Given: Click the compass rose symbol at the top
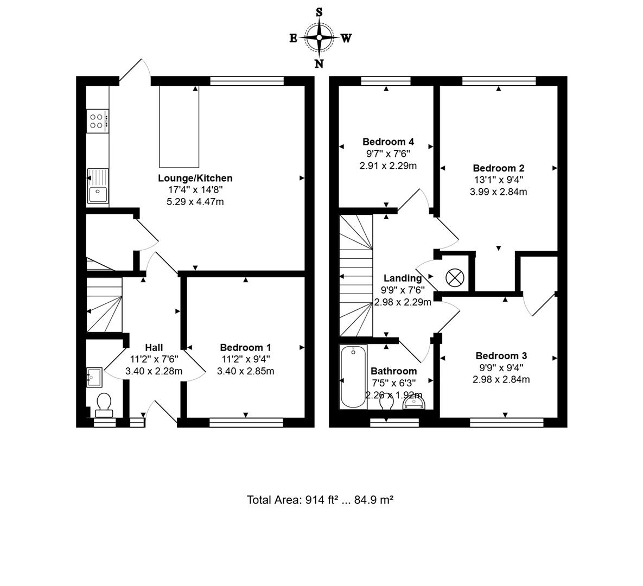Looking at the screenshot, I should [319, 37].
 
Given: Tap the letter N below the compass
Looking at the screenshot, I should [319, 64].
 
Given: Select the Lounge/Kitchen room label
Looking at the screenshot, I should [195, 178].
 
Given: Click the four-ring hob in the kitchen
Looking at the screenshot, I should [97, 121].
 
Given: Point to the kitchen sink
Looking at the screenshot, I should [98, 186].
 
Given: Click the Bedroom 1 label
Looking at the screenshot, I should [245, 347].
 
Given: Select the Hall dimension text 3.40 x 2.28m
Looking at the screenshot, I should [154, 371].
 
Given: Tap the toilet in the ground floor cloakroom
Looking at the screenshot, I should [103, 404].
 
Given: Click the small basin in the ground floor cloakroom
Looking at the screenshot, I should [93, 377].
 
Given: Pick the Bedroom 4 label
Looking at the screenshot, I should [388, 142].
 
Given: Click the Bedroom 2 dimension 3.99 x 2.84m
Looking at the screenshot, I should [498, 192].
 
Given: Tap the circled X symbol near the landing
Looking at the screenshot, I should [454, 278].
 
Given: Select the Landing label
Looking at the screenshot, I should [402, 278].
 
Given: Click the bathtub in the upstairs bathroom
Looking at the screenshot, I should [353, 377].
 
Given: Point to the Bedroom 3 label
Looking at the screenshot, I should [501, 356].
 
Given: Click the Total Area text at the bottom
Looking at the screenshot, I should [320, 500].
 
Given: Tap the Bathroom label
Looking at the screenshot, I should [393, 371].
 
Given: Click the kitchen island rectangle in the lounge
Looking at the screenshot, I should [179, 126].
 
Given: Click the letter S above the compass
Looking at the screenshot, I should [319, 12].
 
